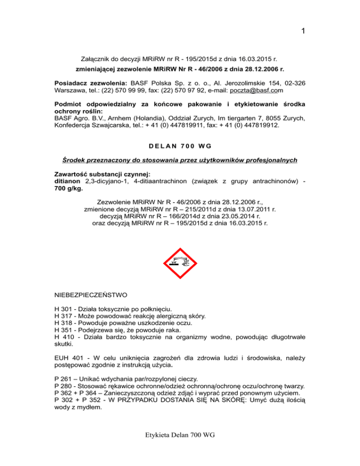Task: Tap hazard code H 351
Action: [65, 333]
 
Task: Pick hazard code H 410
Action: [65, 341]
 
